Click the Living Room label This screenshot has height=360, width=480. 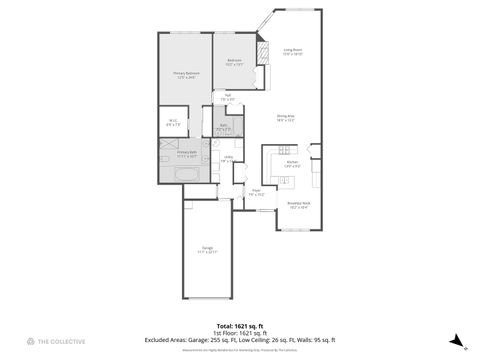pos(292,52)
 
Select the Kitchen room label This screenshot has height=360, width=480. pos(292,163)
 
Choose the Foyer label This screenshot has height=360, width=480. pos(257,192)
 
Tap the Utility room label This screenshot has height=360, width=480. pos(228,158)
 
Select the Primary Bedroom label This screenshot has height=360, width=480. pos(186,75)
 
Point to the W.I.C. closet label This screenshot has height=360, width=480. pos(172,123)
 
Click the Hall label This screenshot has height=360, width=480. pos(228,98)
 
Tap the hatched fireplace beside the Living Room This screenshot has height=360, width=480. pos(264,51)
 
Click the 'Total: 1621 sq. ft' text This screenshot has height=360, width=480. pos(240,326)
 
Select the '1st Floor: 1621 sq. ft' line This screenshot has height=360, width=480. pos(240,333)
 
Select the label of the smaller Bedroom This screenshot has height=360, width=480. pos(234,62)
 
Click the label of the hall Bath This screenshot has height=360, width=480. pos(223,129)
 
